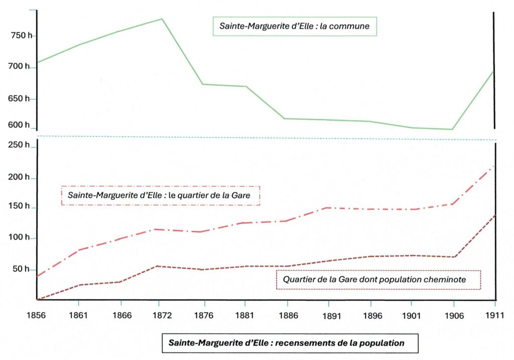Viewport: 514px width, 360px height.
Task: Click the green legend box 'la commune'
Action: [x=295, y=27]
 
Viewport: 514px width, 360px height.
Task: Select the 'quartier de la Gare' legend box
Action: [x=160, y=195]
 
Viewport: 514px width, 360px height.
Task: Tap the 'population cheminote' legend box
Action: [x=378, y=280]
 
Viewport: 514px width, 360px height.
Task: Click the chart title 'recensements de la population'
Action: [x=286, y=343]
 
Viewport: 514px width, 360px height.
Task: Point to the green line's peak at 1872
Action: [x=162, y=19]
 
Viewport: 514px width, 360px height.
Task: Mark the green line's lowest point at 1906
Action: [x=452, y=130]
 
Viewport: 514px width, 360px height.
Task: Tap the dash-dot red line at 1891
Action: [x=328, y=207]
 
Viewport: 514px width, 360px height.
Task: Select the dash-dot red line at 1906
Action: [x=453, y=204]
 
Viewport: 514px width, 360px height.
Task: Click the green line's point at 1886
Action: [x=285, y=118]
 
